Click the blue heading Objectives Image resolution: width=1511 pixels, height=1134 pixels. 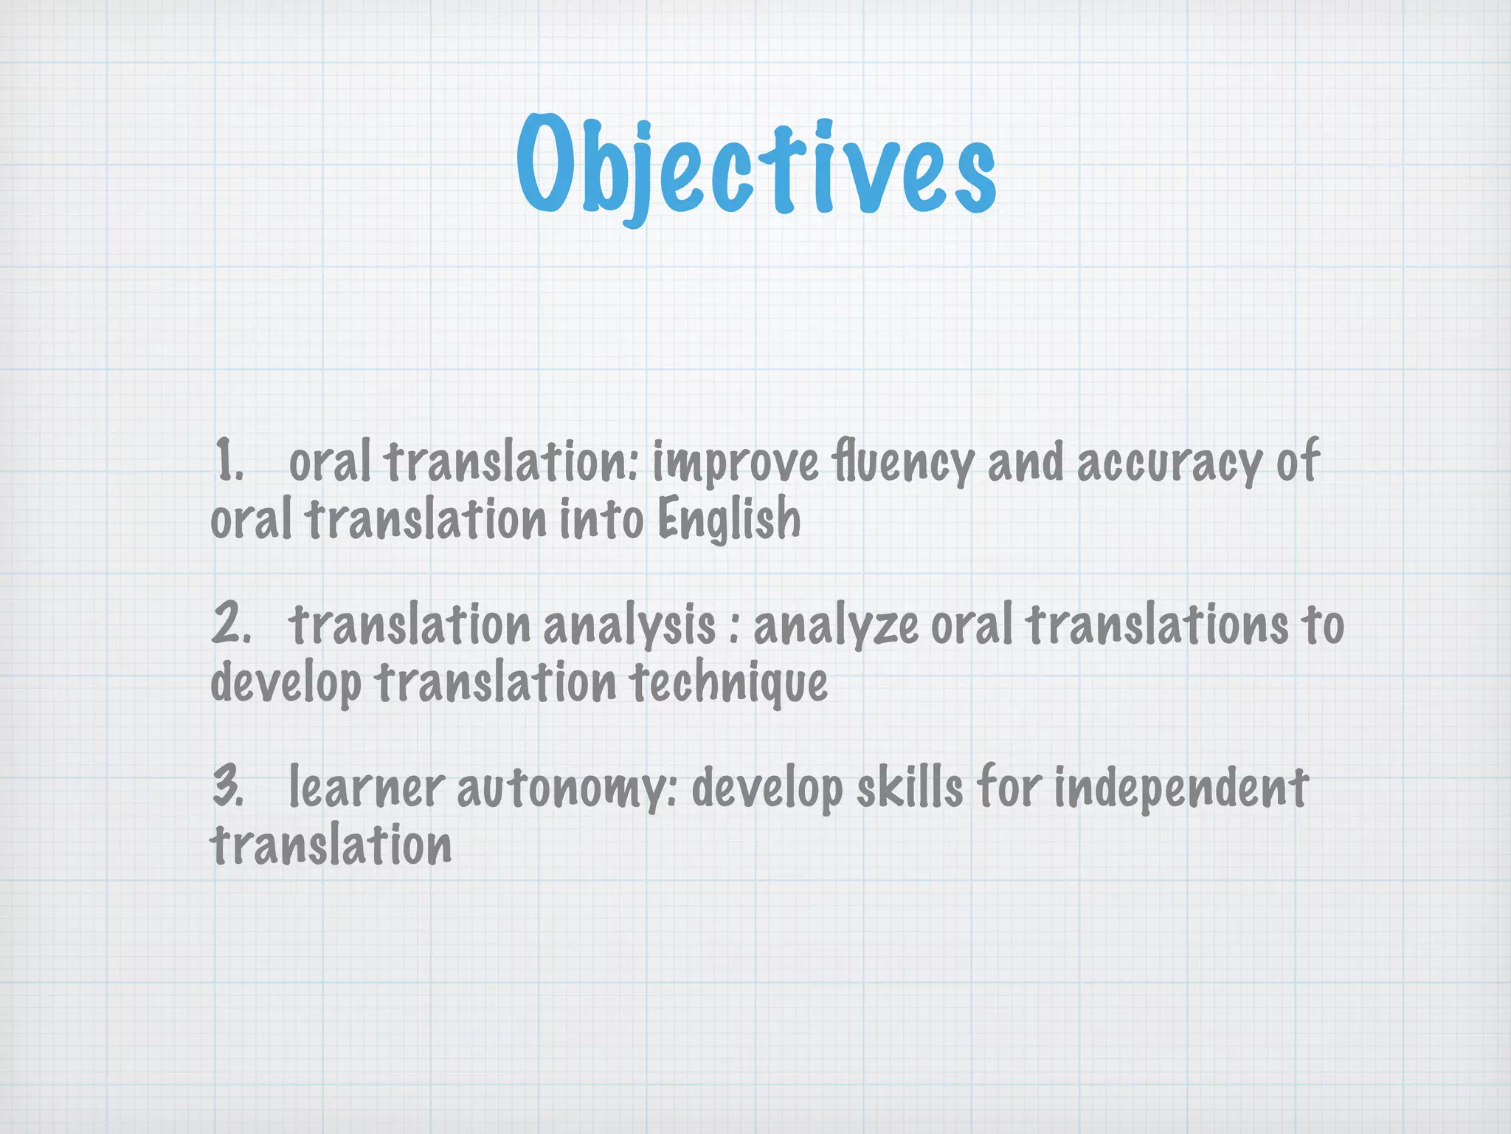755,166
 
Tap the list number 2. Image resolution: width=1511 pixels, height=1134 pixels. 230,624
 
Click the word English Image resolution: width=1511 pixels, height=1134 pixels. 729,519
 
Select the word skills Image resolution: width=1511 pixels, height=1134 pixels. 910,787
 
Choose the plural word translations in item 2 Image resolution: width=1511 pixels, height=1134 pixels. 1157,625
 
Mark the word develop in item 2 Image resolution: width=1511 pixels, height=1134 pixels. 286,684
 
